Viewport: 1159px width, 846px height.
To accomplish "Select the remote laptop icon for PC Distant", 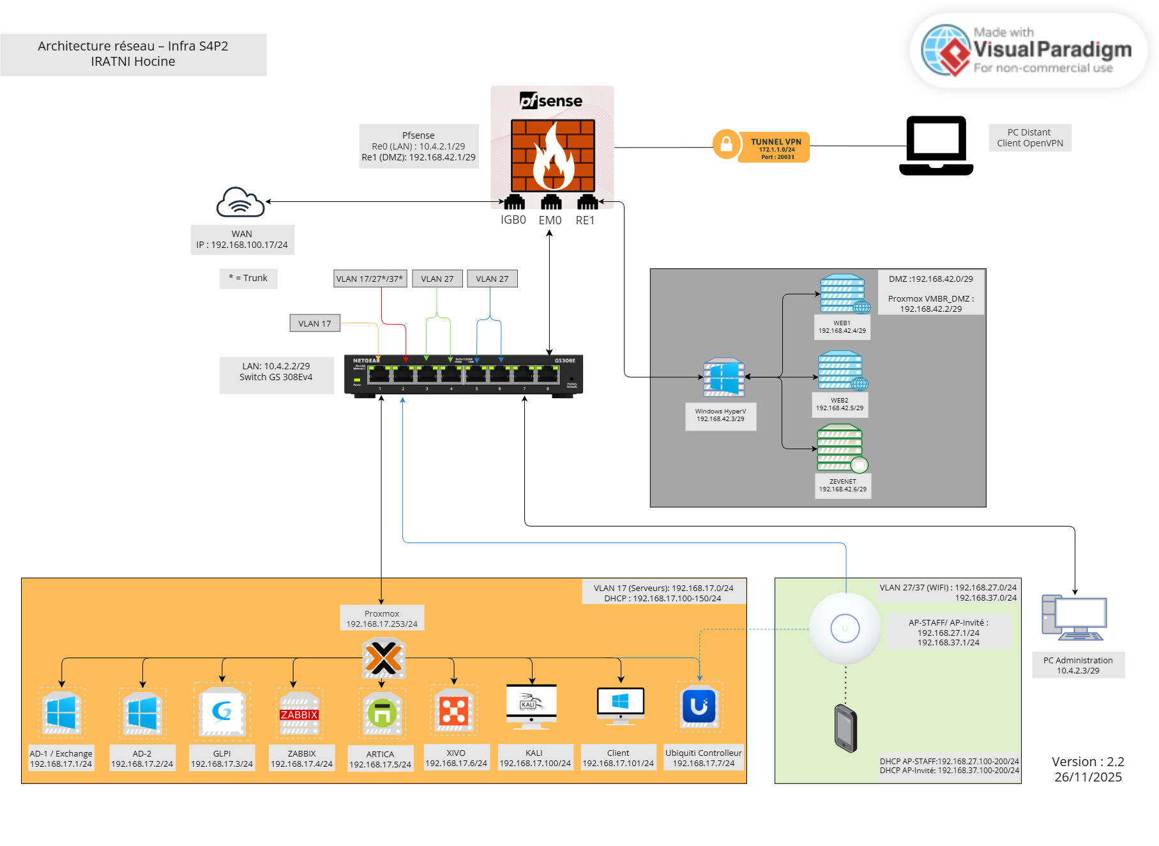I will [936, 146].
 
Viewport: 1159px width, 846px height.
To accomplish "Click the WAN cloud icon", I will [240, 203].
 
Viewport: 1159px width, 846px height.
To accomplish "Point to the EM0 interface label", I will [550, 220].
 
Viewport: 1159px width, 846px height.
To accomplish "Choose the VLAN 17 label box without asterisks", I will [315, 323].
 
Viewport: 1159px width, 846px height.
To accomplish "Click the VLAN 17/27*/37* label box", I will [370, 279].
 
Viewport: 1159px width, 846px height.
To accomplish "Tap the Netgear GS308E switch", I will [464, 376].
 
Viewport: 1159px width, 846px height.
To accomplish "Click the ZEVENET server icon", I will [842, 447].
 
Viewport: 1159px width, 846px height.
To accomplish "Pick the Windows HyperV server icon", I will [723, 377].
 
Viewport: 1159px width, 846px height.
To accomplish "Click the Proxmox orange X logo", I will [383, 658].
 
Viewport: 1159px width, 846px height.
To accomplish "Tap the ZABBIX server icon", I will [299, 712].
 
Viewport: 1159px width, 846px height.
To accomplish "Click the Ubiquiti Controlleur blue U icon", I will [699, 706].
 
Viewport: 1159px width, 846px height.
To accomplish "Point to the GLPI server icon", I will [222, 711].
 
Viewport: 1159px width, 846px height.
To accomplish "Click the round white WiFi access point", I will [845, 628].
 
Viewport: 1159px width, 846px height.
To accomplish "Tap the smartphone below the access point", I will [845, 728].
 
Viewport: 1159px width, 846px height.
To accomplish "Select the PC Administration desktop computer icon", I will [1074, 617].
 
